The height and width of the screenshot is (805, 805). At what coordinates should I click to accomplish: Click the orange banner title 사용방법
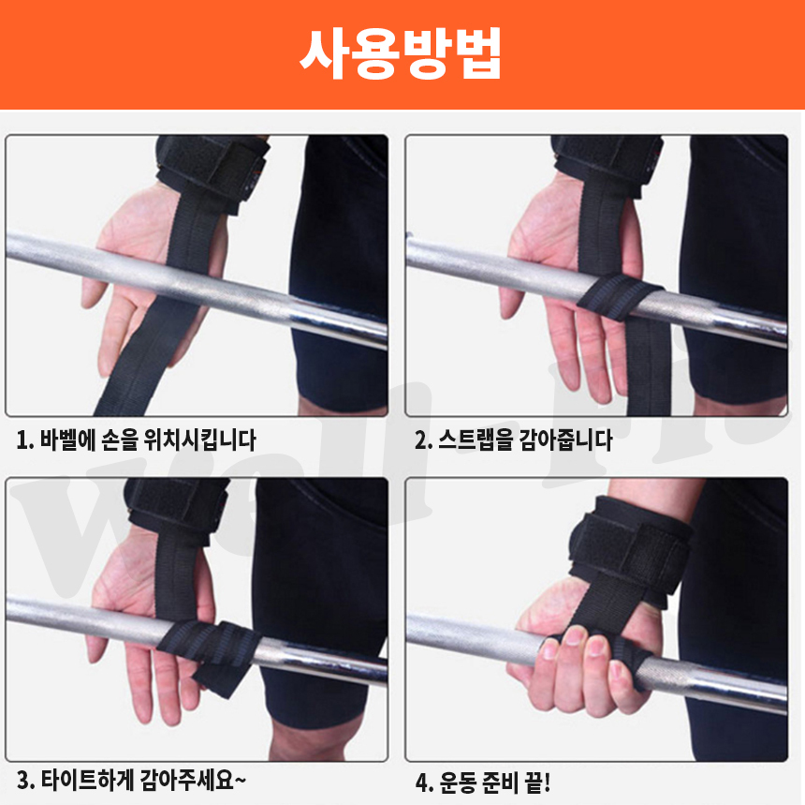401,53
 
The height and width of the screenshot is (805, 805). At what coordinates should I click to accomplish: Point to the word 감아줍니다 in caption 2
565,440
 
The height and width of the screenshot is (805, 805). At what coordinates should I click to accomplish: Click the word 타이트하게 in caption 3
87,780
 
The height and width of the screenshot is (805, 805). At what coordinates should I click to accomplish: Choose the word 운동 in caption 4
458,783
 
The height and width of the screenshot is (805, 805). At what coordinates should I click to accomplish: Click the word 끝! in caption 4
537,783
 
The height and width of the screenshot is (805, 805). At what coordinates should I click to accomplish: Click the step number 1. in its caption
25,440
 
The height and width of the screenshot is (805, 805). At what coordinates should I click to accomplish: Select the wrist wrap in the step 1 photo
212,170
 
